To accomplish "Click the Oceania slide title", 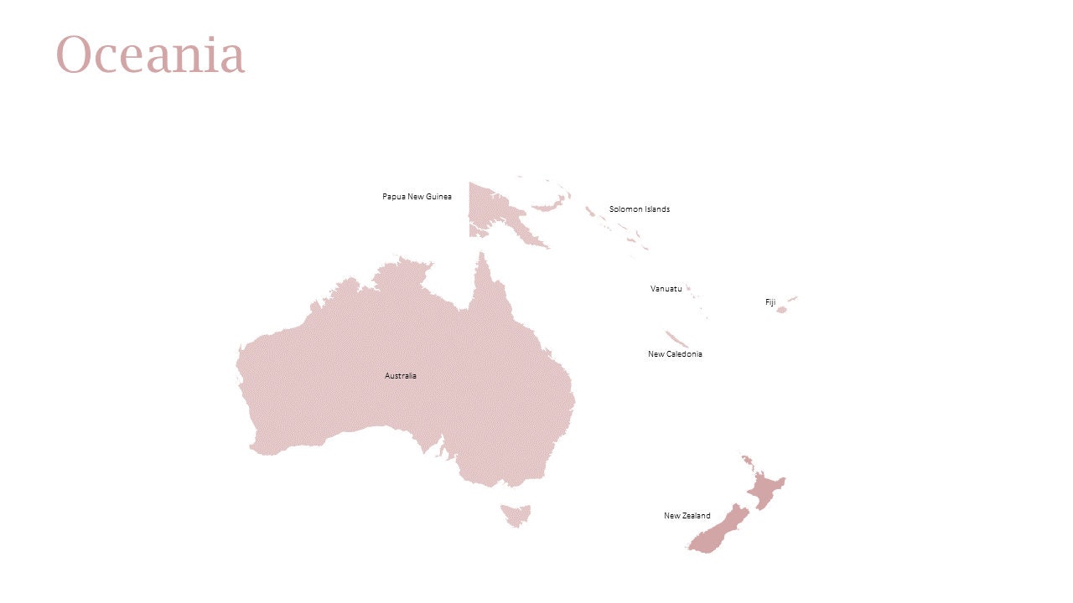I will coord(150,54).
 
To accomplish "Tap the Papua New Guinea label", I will coord(417,197).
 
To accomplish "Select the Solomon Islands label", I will coord(639,209).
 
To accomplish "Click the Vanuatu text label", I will coord(666,289).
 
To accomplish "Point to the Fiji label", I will coord(770,302).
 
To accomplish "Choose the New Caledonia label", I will coord(675,354).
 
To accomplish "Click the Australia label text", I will coord(400,376).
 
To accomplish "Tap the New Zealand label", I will coord(687,516).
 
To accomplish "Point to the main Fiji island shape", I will coord(781,310).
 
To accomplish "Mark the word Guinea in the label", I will coord(438,197).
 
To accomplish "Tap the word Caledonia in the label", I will coord(685,354).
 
